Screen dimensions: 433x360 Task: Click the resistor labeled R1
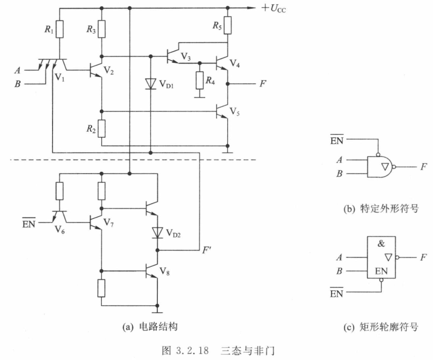coord(60,29)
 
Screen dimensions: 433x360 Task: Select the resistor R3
coord(102,29)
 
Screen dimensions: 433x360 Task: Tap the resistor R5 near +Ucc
coord(228,25)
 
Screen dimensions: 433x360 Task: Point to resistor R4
coord(200,80)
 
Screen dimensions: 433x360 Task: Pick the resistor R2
coord(102,129)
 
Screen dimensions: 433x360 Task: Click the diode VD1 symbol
coord(151,84)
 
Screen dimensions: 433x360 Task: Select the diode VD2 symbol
coord(157,232)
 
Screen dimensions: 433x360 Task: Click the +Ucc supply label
coord(274,8)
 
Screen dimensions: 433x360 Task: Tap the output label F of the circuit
coord(263,83)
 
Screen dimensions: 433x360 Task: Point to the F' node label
coord(206,250)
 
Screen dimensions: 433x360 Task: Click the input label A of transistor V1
coord(17,70)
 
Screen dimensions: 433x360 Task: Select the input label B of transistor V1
coord(17,84)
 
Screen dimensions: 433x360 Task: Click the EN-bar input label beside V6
coord(29,223)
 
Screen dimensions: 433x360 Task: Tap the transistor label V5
coord(235,112)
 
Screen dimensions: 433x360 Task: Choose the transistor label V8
coord(164,271)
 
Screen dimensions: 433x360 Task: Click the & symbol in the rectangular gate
coord(381,244)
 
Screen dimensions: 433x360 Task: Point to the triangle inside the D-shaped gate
coord(385,167)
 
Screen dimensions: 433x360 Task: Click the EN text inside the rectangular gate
coord(381,271)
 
